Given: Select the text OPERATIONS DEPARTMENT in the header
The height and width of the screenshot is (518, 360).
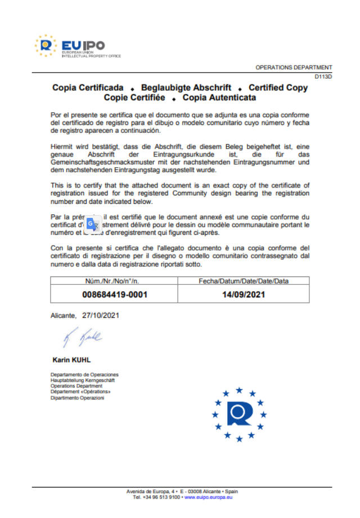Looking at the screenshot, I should coord(294,68).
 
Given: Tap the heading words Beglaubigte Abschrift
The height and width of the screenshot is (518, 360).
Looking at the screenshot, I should coord(186,88).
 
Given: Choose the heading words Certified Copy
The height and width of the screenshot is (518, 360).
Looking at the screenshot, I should coord(278,88).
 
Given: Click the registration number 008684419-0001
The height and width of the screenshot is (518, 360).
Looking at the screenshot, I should coord(115,294).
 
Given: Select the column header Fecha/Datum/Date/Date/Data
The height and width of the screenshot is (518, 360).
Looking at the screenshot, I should coord(244,281).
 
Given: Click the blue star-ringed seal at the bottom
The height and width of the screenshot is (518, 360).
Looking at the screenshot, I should coord(240,413).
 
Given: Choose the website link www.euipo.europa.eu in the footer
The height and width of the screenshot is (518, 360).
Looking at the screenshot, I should coord(209,497).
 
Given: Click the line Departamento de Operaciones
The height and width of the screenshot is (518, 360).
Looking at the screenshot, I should coord(84,374).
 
